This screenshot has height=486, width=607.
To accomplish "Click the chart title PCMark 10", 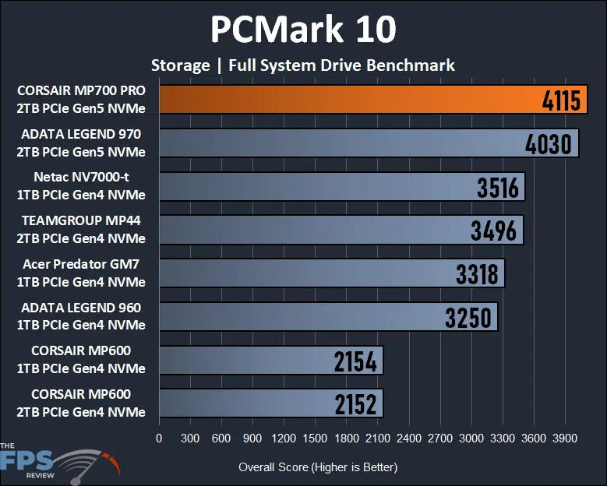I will (303, 30).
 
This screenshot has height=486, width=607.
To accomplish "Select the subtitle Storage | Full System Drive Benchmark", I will (303, 65).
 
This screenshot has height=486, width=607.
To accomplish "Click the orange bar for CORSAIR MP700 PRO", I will (351, 100).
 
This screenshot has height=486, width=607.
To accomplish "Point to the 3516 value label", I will (500, 188).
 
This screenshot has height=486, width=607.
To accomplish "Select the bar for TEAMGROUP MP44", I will (341, 231).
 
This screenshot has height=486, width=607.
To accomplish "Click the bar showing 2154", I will (271, 361).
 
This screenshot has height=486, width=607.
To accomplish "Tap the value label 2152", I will (355, 404).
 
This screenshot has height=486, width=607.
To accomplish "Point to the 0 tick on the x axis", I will (160, 438).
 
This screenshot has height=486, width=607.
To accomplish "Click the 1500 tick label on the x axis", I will (315, 438).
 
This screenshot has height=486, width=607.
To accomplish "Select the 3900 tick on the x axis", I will (564, 438).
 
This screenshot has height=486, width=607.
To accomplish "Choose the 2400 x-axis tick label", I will (408, 438).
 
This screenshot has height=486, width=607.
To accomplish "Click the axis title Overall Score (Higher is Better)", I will (318, 467).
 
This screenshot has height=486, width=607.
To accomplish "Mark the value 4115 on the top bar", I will (560, 101).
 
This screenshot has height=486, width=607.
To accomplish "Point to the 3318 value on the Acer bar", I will (479, 274).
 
